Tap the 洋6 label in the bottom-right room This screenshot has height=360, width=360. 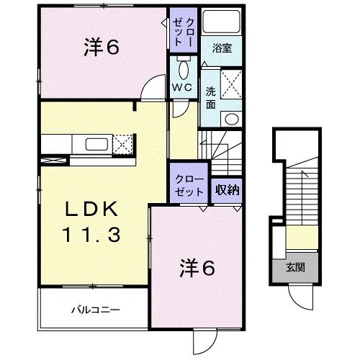click(197, 269)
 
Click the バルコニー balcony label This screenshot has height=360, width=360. click(94, 311)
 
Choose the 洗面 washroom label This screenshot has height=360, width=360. click(210, 97)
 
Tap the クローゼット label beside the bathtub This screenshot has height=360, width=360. click(179, 32)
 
